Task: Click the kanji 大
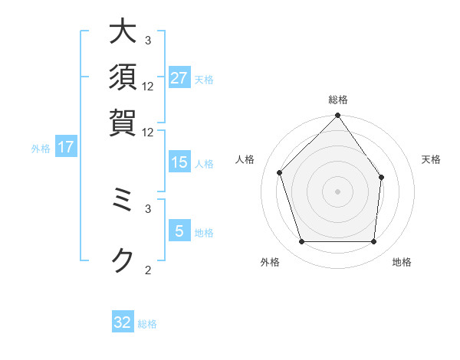[x=123, y=33]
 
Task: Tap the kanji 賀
[x=123, y=122]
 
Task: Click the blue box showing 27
[x=179, y=78]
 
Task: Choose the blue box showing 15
[x=179, y=162]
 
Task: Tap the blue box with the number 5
[x=179, y=232]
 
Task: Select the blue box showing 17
[x=65, y=148]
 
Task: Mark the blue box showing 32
[x=123, y=322]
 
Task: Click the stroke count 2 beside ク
[x=148, y=269]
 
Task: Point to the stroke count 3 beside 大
[x=148, y=40]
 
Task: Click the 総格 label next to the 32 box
[x=147, y=324]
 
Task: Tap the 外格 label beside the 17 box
[x=41, y=149]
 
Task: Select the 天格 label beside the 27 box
[x=204, y=80]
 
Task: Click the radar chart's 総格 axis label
[x=337, y=100]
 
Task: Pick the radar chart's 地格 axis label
[x=402, y=263]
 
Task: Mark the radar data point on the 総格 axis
[x=337, y=116]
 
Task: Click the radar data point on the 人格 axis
[x=280, y=172]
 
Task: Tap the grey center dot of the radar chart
[x=337, y=191]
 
